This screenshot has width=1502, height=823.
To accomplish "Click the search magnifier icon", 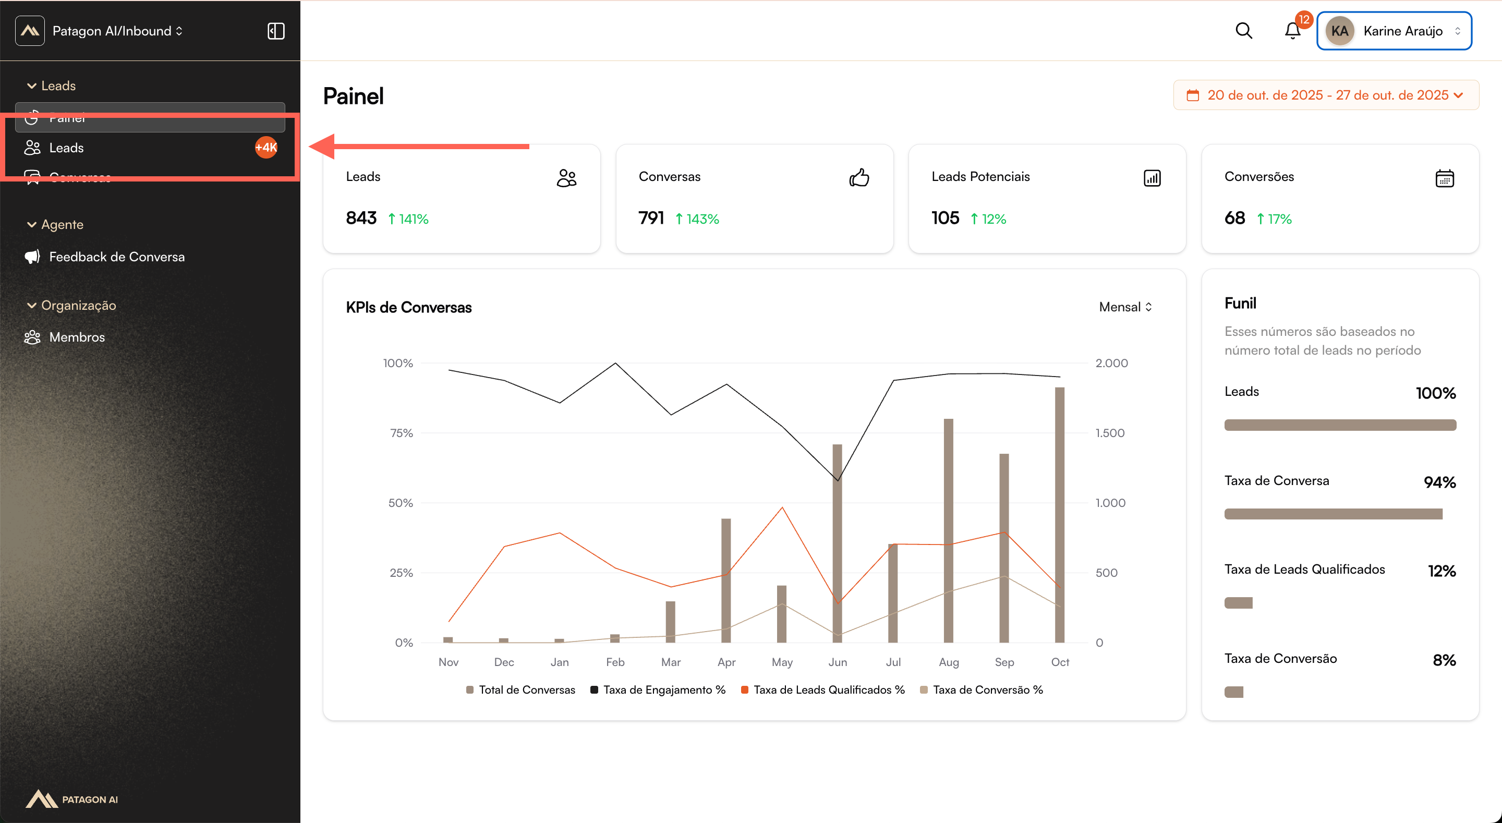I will (x=1244, y=30).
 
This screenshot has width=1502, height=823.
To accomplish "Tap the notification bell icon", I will (x=1292, y=30).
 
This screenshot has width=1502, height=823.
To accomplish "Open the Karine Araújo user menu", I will (x=1394, y=31).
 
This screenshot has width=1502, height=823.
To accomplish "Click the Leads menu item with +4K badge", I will (x=66, y=148).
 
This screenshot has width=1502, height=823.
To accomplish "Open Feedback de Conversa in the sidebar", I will (x=117, y=257).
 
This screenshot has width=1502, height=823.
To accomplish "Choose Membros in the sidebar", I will (x=77, y=337).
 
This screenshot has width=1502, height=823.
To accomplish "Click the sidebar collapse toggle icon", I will (x=276, y=31).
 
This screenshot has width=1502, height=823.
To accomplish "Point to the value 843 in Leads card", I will (x=361, y=218).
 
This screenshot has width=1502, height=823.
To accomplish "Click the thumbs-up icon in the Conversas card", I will (x=859, y=177).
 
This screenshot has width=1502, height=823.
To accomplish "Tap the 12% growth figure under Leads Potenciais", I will (x=994, y=219).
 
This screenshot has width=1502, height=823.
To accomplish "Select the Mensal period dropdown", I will (x=1125, y=307).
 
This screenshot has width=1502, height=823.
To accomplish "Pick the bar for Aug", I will (x=949, y=530).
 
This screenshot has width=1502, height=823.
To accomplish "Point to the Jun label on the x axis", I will (x=837, y=662).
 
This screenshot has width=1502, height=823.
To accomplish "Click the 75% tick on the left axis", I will (x=401, y=433).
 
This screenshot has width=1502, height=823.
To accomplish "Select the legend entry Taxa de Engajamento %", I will (x=663, y=689).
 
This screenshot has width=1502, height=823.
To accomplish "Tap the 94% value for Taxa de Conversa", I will (x=1439, y=482).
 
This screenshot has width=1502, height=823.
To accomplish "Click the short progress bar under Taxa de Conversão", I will (x=1234, y=692).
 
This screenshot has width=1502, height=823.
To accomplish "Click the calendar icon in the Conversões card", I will (x=1444, y=178).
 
